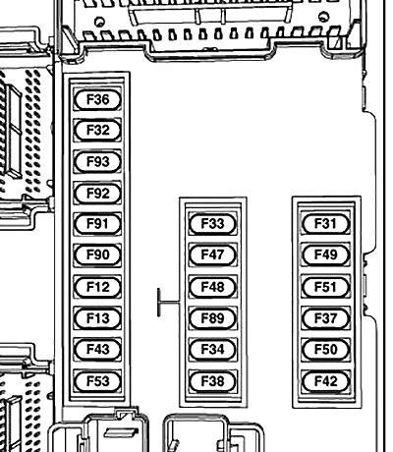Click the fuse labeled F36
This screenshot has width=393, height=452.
click(x=97, y=98)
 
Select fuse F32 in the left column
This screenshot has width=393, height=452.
click(x=97, y=130)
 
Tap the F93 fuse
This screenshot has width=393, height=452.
click(x=97, y=161)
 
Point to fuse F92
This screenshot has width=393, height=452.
click(x=97, y=193)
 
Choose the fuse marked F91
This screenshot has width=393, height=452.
click(x=97, y=224)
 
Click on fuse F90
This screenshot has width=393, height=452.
click(x=97, y=255)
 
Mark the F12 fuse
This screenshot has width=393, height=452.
click(x=97, y=287)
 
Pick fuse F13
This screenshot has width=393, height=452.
click(x=97, y=318)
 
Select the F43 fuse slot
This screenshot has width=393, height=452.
click(x=97, y=350)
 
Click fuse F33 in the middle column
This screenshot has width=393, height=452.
click(x=212, y=224)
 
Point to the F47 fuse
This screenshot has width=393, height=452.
click(x=212, y=255)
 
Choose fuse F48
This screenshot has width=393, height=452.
click(x=212, y=287)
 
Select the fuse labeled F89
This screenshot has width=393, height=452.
click(x=212, y=318)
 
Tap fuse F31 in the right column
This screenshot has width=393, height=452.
click(x=325, y=224)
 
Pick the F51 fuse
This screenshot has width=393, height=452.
click(x=325, y=287)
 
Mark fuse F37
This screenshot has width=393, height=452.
click(x=325, y=318)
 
